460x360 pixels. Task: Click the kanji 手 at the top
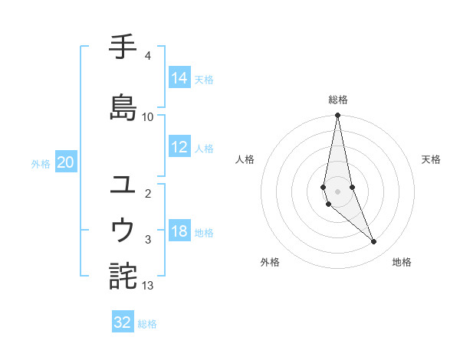click(123, 48)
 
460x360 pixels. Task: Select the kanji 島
click(123, 106)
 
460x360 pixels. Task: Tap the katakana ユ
click(123, 185)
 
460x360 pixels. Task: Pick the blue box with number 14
click(179, 77)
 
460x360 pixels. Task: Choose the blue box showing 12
click(179, 148)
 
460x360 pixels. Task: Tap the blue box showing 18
click(179, 231)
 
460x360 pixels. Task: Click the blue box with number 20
click(66, 162)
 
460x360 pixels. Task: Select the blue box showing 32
click(123, 322)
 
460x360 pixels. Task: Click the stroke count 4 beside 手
click(147, 56)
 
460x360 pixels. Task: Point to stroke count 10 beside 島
click(148, 116)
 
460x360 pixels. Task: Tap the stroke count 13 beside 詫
click(148, 286)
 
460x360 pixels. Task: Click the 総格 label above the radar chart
click(338, 100)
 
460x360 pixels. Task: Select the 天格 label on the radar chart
click(431, 159)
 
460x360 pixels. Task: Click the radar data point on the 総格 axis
click(338, 116)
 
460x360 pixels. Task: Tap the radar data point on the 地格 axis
click(374, 242)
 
